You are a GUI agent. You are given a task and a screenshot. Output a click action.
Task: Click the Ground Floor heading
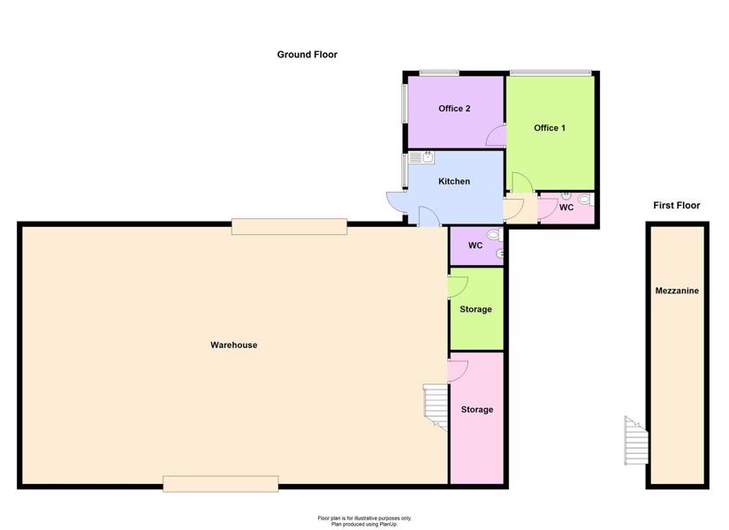(307, 55)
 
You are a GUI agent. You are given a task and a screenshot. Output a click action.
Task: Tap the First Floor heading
(677, 205)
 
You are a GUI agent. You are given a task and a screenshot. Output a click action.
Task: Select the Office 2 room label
(454, 109)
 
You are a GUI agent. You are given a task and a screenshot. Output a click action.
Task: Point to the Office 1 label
(550, 128)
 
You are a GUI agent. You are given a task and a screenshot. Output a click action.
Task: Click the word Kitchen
(454, 181)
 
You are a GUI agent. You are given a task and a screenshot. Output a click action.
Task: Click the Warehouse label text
(234, 345)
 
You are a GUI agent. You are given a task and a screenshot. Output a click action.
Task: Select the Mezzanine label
(677, 291)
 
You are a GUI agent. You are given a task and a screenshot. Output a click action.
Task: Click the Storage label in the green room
(475, 309)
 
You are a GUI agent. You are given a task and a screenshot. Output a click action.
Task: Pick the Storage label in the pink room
(477, 410)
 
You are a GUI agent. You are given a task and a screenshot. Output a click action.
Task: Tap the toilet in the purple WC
(494, 235)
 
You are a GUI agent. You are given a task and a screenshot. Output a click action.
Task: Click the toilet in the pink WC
(585, 200)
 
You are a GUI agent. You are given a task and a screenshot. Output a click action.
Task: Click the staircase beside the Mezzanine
(636, 440)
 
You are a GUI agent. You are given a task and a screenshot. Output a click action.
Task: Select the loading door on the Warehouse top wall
(289, 226)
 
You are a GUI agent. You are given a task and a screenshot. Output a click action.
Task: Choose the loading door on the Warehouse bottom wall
(221, 483)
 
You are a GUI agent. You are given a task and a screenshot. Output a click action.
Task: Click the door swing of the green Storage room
(458, 287)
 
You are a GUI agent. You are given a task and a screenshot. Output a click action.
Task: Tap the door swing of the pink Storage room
(458, 370)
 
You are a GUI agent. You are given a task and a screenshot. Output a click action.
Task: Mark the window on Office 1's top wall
(551, 73)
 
